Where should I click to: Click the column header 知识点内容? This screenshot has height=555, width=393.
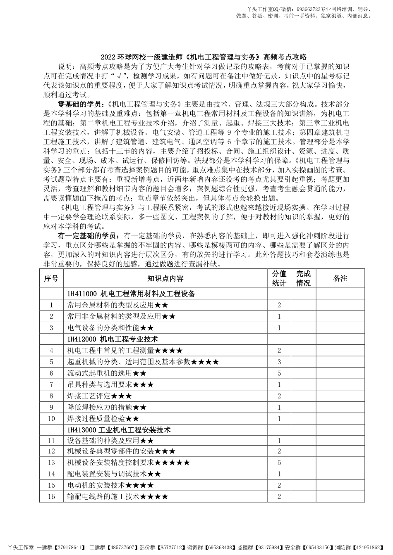(x=165, y=279)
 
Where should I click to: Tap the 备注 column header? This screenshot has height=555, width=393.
(x=340, y=279)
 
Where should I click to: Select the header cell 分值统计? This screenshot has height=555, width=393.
(x=279, y=279)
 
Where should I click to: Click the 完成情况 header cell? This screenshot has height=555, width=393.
(x=303, y=279)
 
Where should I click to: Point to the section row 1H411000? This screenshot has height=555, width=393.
(x=131, y=294)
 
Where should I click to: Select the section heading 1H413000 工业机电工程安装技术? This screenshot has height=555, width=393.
(x=119, y=430)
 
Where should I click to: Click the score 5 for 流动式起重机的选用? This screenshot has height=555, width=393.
(x=279, y=373)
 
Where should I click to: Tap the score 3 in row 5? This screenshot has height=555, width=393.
(x=279, y=362)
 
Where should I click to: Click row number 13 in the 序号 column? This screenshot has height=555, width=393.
(x=51, y=463)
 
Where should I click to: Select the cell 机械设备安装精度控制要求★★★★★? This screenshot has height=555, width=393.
(x=129, y=463)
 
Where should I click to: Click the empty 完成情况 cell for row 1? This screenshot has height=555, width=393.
(x=303, y=305)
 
